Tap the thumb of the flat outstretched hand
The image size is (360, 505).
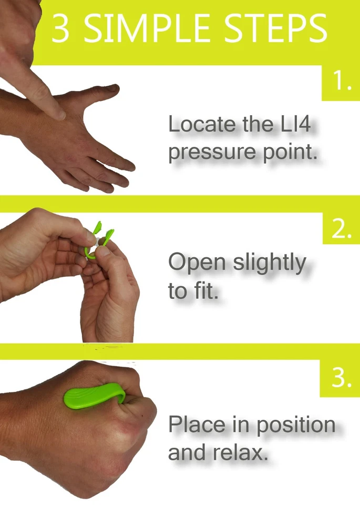[x=105, y=91]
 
